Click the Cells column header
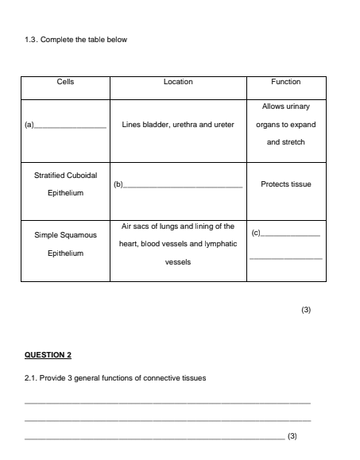tap(66, 81)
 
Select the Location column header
tap(178, 81)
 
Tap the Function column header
tap(286, 81)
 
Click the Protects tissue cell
tap(286, 184)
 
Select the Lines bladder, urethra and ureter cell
tap(178, 125)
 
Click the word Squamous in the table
tap(79, 236)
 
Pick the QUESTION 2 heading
tap(49, 354)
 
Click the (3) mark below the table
tap(306, 310)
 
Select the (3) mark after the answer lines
tap(292, 436)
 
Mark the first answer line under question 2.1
tap(167, 404)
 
